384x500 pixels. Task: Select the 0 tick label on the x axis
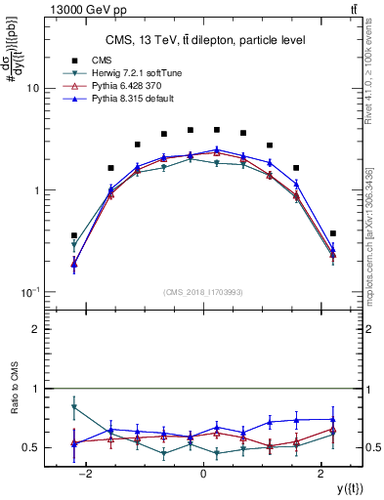[x=202, y=475]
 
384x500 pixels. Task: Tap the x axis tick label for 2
[x=321, y=475]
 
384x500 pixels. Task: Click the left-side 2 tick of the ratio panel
[x=35, y=329]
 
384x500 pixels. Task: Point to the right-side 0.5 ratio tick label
[x=372, y=448]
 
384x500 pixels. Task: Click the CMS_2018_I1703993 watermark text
[x=202, y=291]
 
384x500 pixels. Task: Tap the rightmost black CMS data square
[x=333, y=233]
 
